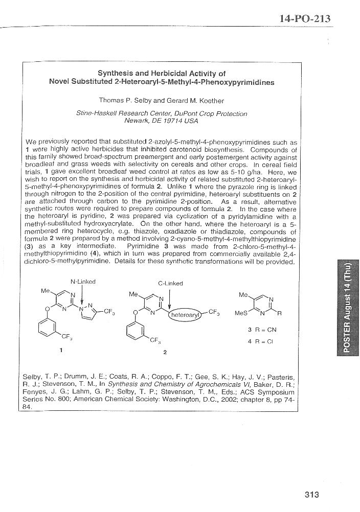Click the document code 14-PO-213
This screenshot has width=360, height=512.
[305, 19]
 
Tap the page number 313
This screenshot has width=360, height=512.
[311, 494]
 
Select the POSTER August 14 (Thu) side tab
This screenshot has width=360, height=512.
[346, 308]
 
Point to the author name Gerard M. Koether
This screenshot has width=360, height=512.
[198, 100]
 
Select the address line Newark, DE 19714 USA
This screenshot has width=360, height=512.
[161, 121]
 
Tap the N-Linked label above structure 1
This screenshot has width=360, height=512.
[83, 282]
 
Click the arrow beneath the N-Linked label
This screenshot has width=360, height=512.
[82, 295]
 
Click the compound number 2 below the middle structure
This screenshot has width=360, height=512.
[165, 352]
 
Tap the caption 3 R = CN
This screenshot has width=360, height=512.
[262, 330]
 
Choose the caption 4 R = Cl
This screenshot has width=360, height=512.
[261, 341]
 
